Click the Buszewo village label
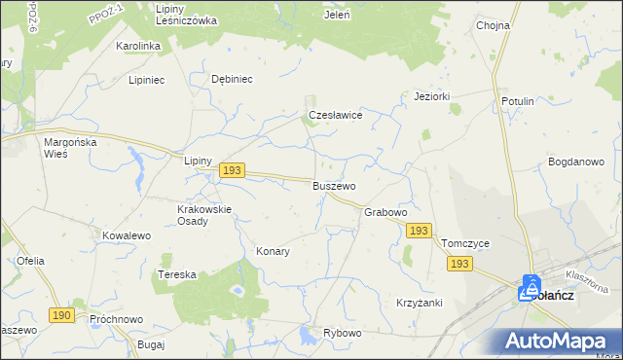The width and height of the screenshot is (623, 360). [334, 186]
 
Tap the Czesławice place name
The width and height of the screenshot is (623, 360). [335, 115]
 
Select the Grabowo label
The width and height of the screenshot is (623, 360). [385, 212]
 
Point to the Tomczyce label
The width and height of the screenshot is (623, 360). [464, 243]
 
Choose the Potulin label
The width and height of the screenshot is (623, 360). [518, 101]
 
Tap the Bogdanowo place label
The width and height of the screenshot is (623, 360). [576, 162]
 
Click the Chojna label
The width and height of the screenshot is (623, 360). [494, 26]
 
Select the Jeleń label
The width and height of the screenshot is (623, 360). [337, 15]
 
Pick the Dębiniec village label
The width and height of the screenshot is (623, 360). [232, 80]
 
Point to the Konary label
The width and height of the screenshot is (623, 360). [273, 251]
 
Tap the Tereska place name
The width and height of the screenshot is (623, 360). [177, 275]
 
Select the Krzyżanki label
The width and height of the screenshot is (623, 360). [420, 303]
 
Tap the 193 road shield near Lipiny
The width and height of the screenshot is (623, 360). [231, 170]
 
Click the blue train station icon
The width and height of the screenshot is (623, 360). [531, 287]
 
